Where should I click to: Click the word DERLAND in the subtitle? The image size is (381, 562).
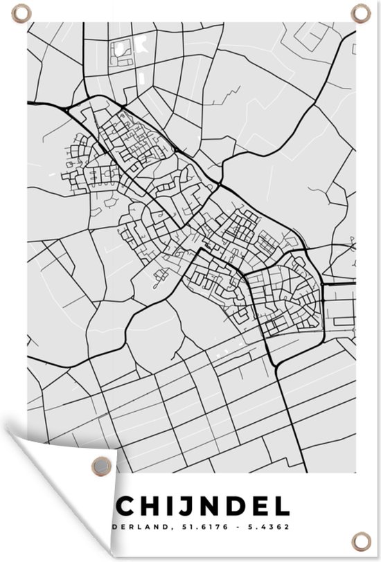[142, 527]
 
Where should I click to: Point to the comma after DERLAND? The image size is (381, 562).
[169, 530]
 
